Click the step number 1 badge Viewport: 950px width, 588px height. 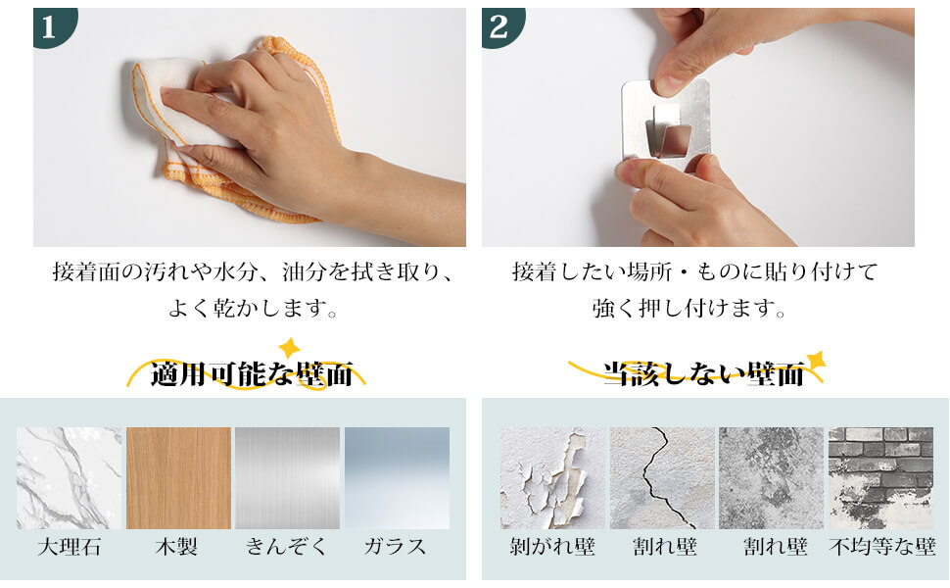tap(52, 25)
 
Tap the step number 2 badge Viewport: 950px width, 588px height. tap(500, 25)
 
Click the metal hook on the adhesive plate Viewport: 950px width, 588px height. tap(668, 132)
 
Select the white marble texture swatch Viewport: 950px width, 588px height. tap(70, 477)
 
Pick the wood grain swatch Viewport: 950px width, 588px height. tap(178, 477)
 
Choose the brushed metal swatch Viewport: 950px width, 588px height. tap(288, 477)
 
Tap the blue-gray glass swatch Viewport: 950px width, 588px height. tap(398, 477)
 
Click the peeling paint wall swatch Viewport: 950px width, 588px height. tap(552, 477)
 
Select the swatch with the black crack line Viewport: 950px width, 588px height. tap(662, 477)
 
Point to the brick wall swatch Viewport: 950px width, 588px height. tap(880, 477)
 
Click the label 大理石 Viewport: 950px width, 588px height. tap(70, 547)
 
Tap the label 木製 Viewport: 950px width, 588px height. tap(177, 547)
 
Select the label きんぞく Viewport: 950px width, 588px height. tap(287, 547)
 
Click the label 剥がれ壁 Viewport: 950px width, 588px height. tap(552, 547)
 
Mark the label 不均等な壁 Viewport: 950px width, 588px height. tap(882, 547)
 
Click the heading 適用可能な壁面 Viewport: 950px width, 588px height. tap(252, 374)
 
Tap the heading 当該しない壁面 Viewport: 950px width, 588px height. tap(703, 374)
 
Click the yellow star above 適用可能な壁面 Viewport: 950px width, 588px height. tap(289, 348)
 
